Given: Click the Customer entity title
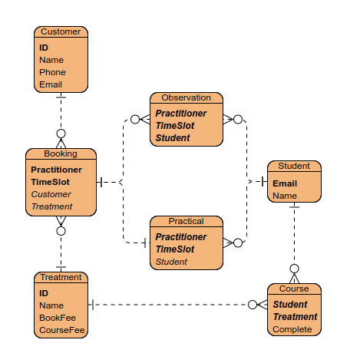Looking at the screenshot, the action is [61, 31].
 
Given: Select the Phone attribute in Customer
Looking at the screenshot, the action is [52, 72].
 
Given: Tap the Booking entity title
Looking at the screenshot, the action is [61, 153].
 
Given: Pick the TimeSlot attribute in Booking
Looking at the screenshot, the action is [50, 182].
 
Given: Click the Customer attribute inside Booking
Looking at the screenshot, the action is [51, 194].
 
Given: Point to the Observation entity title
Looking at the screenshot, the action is [187, 97].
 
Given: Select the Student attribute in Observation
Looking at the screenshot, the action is [173, 138].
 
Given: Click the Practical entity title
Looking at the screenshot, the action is [187, 221].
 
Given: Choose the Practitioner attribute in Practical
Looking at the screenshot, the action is [181, 237].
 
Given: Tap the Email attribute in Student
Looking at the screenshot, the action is [285, 183].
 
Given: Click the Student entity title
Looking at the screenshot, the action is [294, 166].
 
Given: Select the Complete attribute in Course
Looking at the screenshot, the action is [292, 329].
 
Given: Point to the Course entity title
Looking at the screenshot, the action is [294, 289].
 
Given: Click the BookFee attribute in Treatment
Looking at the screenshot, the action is [58, 318].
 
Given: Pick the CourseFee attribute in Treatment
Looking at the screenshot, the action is [62, 330].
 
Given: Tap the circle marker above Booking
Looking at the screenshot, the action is [61, 134].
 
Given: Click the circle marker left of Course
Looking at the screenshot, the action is [253, 305].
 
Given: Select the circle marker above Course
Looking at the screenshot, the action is [294, 269].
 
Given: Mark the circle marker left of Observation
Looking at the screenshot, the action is [135, 119].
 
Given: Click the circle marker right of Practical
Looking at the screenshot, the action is [238, 243].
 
